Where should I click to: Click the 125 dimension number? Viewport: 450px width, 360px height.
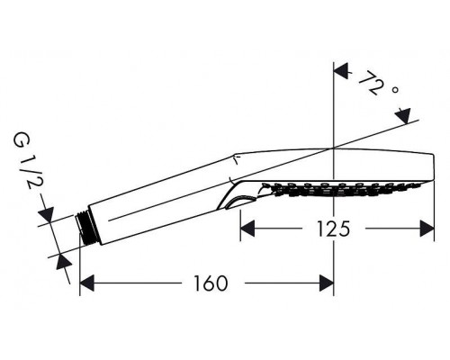pyautogui.click(x=333, y=229)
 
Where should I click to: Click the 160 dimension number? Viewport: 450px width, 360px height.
pyautogui.click(x=211, y=283)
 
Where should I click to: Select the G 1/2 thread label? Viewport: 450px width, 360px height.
pyautogui.click(x=24, y=161)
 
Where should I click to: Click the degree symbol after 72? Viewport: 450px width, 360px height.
pyautogui.click(x=395, y=89)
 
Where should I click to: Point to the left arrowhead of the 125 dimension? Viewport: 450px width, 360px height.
pyautogui.click(x=247, y=229)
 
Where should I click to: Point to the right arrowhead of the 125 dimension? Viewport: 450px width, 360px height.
pyautogui.click(x=427, y=229)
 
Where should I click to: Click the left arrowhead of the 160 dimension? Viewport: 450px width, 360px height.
pyautogui.click(x=87, y=283)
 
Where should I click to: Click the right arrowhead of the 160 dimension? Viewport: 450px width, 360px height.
pyautogui.click(x=327, y=283)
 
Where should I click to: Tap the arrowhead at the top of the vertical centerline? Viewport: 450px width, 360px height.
pyautogui.click(x=341, y=71)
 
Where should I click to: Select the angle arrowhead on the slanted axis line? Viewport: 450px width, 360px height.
pyautogui.click(x=403, y=116)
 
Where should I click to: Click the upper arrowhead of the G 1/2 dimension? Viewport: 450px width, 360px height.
pyautogui.click(x=46, y=215)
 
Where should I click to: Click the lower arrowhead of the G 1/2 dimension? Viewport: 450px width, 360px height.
pyautogui.click(x=64, y=263)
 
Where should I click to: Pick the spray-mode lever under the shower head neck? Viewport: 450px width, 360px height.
pyautogui.click(x=241, y=201)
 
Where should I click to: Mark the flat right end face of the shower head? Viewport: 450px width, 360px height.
pyautogui.click(x=434, y=167)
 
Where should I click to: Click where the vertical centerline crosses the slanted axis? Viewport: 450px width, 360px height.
pyautogui.click(x=334, y=148)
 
